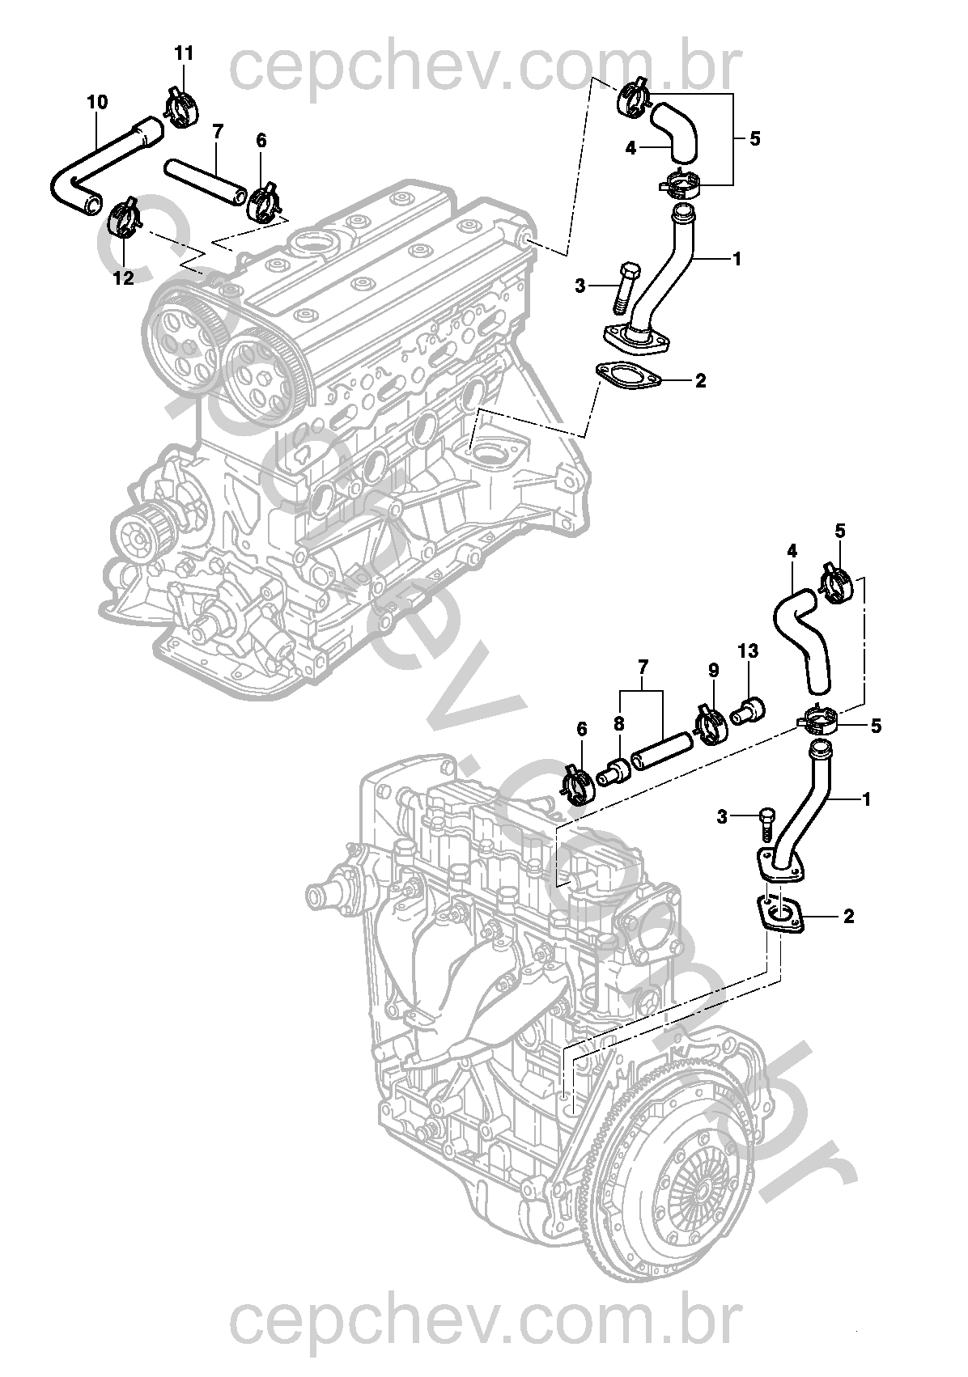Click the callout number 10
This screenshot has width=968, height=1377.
point(96,103)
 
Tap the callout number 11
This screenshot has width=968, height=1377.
point(185,54)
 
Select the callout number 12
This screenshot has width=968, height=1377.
point(123,278)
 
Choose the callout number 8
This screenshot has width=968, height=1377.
point(618,722)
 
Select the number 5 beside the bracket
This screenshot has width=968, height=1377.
point(754,138)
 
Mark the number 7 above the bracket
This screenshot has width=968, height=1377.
point(643,667)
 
